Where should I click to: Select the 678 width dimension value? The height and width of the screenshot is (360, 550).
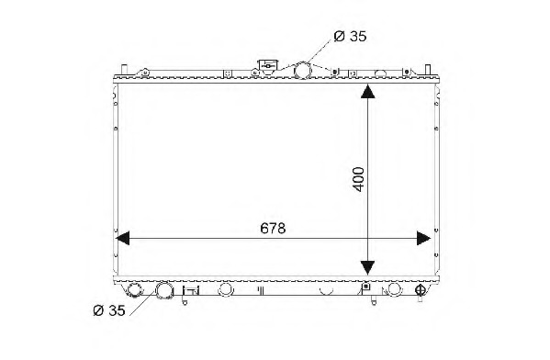coord(271,227)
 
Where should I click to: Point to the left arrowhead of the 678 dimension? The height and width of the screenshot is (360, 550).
coord(122,239)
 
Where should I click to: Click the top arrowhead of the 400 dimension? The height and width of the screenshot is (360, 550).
coord(367,91)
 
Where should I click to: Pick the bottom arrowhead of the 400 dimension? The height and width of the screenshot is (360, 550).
coord(367,266)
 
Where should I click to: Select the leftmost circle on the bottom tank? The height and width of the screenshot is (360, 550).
coord(136,290)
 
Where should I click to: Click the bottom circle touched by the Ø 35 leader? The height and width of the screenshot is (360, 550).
coord(166,291)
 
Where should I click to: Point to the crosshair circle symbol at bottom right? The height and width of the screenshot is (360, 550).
coord(421,290)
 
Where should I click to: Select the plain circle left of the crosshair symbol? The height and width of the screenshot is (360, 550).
coord(395,289)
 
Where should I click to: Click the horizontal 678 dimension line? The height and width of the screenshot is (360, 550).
coord(202,239)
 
